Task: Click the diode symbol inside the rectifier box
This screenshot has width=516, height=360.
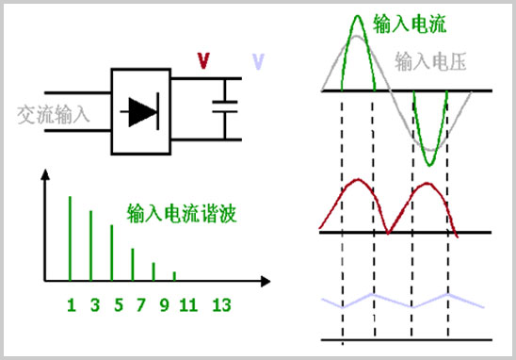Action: tap(143, 112)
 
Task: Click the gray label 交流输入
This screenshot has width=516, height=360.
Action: tap(53, 116)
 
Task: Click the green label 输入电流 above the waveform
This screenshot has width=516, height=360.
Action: tap(409, 22)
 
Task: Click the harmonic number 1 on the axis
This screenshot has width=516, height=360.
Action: tap(70, 304)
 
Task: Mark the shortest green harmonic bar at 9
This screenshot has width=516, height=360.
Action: tap(174, 275)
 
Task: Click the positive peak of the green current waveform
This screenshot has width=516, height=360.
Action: tap(356, 17)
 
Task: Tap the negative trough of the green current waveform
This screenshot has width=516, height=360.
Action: tap(429, 164)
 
